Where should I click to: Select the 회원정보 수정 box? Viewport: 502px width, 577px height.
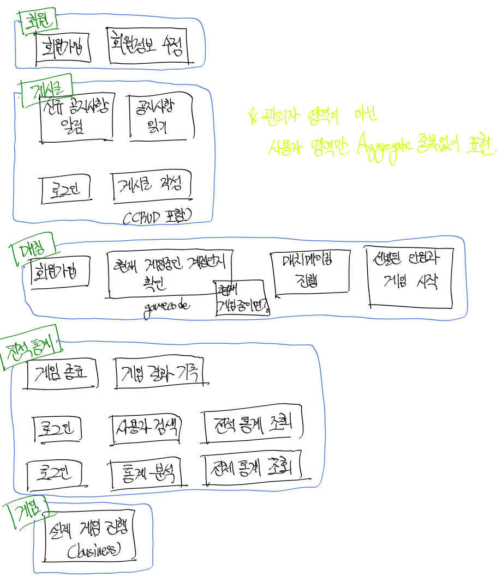pos(147,46)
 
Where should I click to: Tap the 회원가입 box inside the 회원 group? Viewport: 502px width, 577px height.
pos(62,48)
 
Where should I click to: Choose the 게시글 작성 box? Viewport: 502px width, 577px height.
pos(152,188)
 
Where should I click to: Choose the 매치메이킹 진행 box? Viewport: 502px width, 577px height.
pos(310,273)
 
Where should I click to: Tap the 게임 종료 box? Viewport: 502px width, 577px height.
pos(63,374)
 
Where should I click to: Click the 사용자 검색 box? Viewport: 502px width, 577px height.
pos(146,426)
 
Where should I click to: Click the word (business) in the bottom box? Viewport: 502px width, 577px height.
pos(93,551)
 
